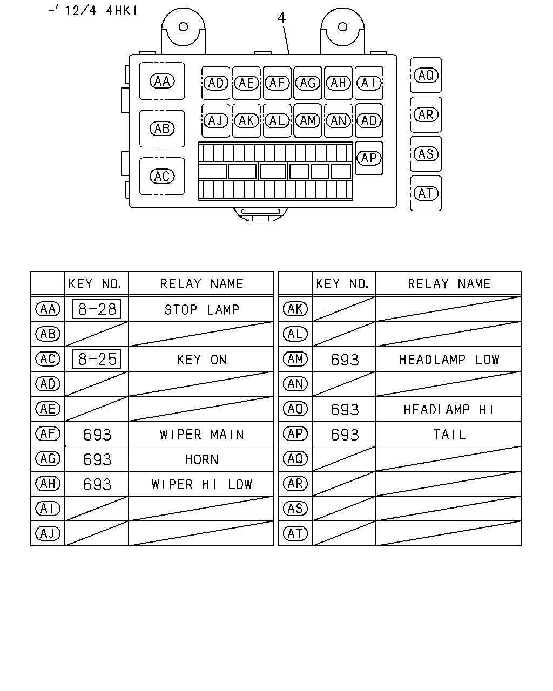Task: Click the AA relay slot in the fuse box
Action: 162,81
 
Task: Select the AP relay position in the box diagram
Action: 369,158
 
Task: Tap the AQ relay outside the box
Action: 426,75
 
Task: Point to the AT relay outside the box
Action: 426,193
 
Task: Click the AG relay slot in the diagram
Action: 308,83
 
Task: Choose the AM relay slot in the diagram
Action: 308,121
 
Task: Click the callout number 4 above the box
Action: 281,18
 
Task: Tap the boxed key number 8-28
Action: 97,309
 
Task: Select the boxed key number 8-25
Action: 97,359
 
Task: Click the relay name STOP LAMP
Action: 202,310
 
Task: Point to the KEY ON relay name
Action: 202,360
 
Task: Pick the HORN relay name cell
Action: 202,459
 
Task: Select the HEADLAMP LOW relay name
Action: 449,360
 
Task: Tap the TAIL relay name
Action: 449,435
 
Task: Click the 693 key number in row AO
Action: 345,410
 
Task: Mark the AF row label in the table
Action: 48,433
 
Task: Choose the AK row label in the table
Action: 295,309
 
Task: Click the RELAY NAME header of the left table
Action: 202,284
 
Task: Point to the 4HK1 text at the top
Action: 122,11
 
